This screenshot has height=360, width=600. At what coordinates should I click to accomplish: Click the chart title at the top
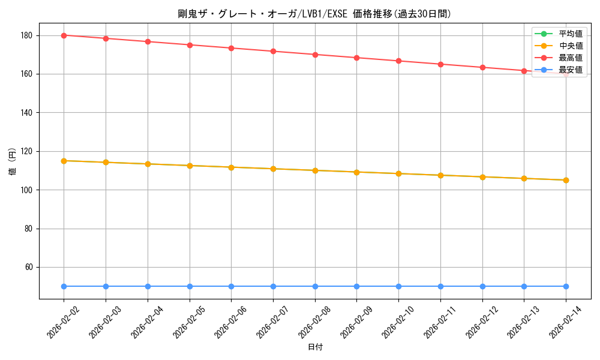click(x=315, y=14)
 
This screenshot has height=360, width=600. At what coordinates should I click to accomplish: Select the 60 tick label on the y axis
click(x=28, y=268)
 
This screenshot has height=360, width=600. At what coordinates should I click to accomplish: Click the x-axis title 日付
click(x=315, y=347)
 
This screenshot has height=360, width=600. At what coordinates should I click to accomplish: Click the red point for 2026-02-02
click(x=64, y=35)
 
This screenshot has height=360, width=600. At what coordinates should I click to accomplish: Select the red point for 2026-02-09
click(x=356, y=58)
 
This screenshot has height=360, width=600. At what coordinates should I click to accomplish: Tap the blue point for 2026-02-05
click(x=190, y=286)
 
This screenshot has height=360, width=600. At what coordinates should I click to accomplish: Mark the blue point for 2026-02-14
click(x=566, y=286)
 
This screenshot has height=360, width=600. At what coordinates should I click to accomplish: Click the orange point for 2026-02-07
click(x=273, y=169)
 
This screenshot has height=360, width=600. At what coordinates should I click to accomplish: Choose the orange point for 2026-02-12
click(x=482, y=177)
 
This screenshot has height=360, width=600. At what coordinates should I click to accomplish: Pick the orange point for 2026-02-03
click(x=106, y=162)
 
